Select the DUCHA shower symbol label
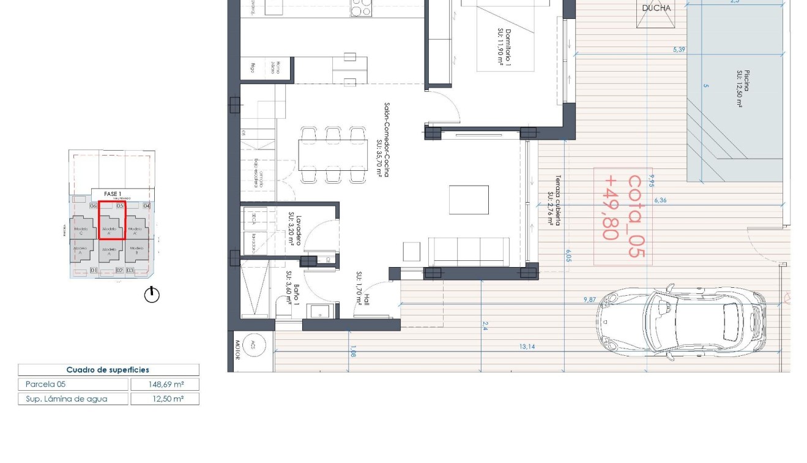click(x=656, y=8)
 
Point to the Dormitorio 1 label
click(x=503, y=46)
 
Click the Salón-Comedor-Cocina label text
click(x=383, y=140)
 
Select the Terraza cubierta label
click(x=554, y=201)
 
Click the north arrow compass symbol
click(x=152, y=295)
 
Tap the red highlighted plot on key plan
click(x=112, y=220)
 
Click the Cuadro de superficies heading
click(x=108, y=370)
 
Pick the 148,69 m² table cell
click(x=165, y=385)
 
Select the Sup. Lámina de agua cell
click(x=73, y=399)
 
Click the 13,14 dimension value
click(x=527, y=347)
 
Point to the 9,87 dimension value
click(x=589, y=299)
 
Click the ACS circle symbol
click(x=253, y=346)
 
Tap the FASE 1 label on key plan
click(x=113, y=194)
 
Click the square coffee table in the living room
click(x=469, y=200)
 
